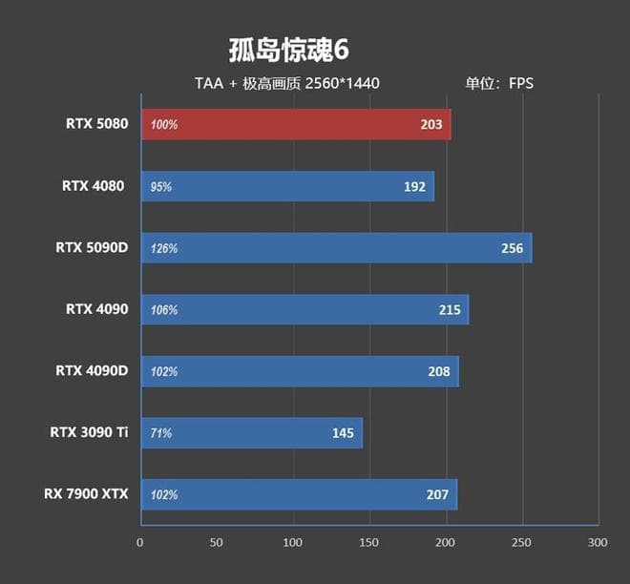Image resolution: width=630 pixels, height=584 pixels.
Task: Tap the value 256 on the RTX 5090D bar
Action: tap(512, 248)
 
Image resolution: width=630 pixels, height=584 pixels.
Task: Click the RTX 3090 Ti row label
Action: tap(89, 432)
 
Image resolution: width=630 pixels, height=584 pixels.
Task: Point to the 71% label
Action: tap(161, 433)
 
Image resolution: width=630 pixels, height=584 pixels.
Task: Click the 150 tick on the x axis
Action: tap(369, 543)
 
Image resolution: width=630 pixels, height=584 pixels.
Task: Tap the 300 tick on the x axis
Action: tap(598, 543)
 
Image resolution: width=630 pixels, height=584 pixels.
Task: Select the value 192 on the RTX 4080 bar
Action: tap(414, 187)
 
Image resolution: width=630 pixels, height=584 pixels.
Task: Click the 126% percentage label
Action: tap(164, 249)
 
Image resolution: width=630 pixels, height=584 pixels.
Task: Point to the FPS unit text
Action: tap(520, 83)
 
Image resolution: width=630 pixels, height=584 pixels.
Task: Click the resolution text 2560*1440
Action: tap(342, 83)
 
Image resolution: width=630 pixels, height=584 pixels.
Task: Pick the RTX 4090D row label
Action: tap(92, 370)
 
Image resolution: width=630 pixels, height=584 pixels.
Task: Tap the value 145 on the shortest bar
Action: tap(343, 433)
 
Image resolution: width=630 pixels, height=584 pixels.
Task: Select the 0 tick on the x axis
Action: tap(140, 543)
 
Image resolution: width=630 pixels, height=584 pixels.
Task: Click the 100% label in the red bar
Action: tap(164, 125)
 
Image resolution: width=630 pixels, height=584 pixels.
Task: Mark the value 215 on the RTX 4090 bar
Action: tap(449, 310)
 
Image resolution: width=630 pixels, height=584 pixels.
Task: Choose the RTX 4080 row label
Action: tap(94, 186)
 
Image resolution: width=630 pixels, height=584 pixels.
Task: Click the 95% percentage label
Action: tap(161, 187)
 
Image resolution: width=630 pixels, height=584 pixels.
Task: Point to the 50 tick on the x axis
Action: tap(217, 543)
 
